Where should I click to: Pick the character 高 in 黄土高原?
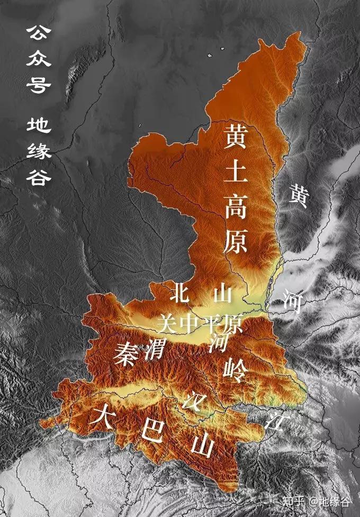click(x=236, y=206)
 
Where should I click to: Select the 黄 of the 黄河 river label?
click(x=298, y=197)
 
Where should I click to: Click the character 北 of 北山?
click(x=180, y=293)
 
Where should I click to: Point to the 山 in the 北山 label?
click(x=222, y=293)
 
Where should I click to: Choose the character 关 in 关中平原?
click(x=167, y=323)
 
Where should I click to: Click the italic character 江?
click(x=275, y=421)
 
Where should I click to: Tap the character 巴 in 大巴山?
click(x=151, y=431)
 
